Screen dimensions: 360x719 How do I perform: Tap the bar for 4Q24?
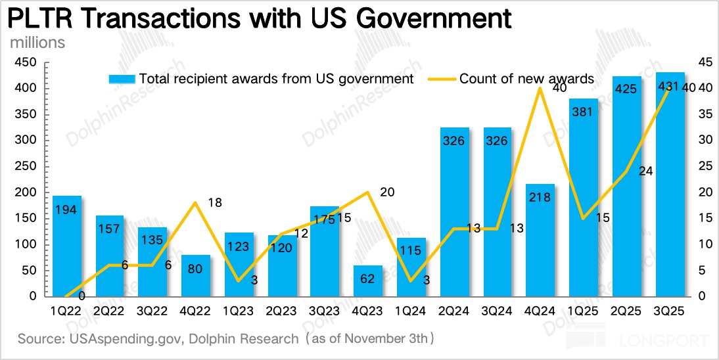pyautogui.click(x=540, y=240)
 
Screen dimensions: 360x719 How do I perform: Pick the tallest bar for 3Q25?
pyautogui.click(x=670, y=184)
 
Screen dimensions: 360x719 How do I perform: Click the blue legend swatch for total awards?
pyautogui.click(x=122, y=79)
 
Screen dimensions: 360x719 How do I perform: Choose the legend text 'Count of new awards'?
pyautogui.click(x=526, y=79)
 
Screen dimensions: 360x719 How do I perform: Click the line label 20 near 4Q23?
pyautogui.click(x=388, y=192)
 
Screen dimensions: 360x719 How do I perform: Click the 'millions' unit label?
pyautogui.click(x=37, y=43)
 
